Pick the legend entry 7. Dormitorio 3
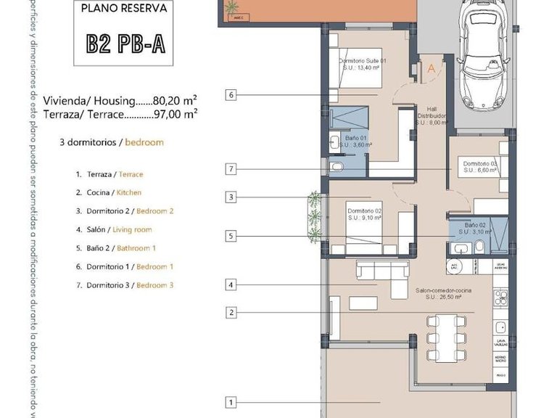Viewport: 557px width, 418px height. (130, 285)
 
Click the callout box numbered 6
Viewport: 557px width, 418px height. (231, 94)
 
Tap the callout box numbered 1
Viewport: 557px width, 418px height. (231, 402)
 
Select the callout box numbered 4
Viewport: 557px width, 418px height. (231, 285)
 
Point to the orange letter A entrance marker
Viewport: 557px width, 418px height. (431, 69)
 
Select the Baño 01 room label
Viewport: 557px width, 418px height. (355, 142)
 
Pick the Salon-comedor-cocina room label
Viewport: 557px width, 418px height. (443, 293)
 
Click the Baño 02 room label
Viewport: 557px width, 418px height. (474, 229)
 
